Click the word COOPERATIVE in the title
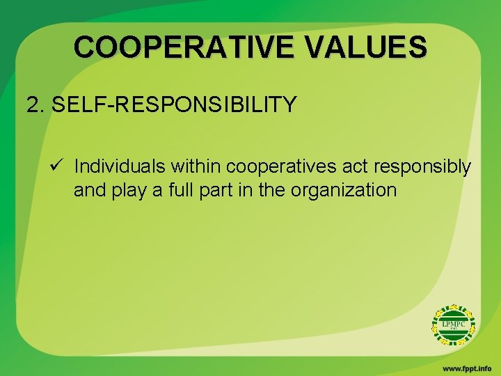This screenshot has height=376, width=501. click(175, 47)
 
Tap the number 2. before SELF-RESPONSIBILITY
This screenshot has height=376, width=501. click(36, 105)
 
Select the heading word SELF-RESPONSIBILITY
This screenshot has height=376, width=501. click(174, 105)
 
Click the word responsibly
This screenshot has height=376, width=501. click(422, 167)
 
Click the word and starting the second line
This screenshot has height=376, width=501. click(88, 190)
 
